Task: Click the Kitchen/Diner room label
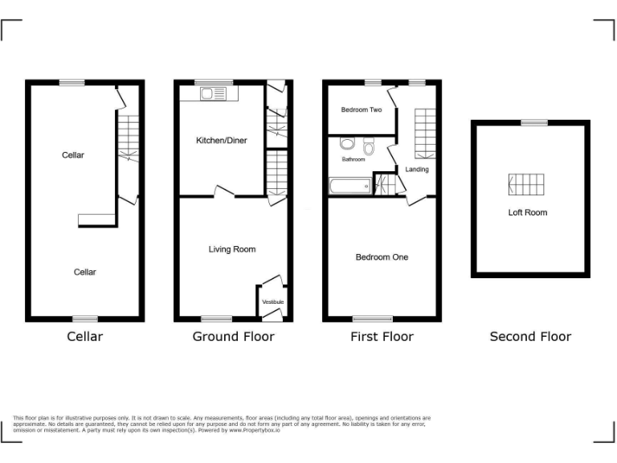point(222,141)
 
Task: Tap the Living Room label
point(232,249)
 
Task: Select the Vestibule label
point(273,301)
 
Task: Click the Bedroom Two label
point(361,110)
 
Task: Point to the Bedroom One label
point(382,257)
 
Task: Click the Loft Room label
point(528,213)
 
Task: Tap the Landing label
point(417,170)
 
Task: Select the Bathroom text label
point(353,159)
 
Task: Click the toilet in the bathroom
point(369,146)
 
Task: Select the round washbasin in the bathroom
point(347,144)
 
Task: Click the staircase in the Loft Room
point(527,185)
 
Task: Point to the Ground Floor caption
point(233,337)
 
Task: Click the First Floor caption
point(382,337)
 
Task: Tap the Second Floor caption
point(530,337)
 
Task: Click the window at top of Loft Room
point(532,122)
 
